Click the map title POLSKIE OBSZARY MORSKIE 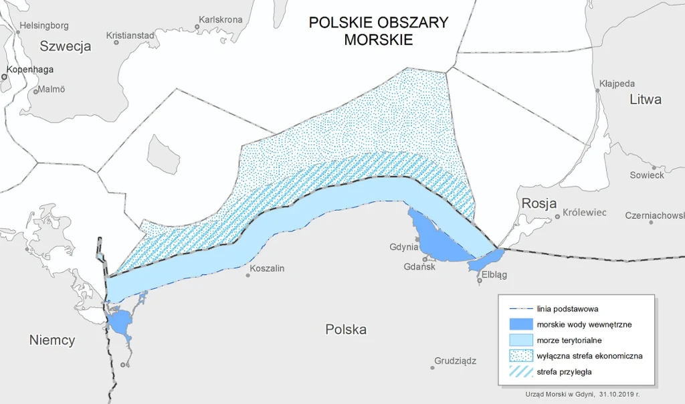(378, 31)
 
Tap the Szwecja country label (65, 46)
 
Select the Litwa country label (645, 100)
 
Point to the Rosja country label (539, 203)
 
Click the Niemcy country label (52, 340)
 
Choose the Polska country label (346, 330)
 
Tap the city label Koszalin (267, 268)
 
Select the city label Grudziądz (455, 361)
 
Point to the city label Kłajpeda (617, 84)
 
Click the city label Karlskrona (221, 19)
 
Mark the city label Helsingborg (44, 26)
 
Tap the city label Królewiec (584, 213)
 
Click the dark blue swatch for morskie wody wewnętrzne (520, 324)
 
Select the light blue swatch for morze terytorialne (520, 340)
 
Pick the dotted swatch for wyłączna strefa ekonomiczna (520, 356)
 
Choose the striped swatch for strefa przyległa (520, 371)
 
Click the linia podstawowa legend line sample (520, 309)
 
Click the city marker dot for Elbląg (480, 281)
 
